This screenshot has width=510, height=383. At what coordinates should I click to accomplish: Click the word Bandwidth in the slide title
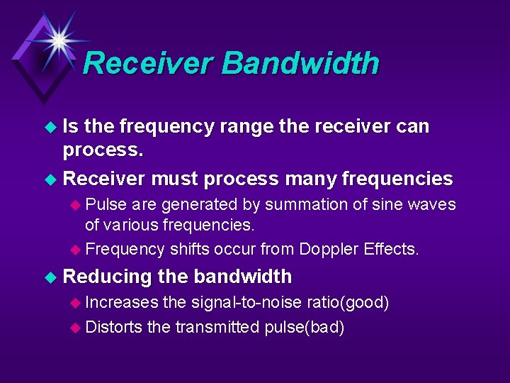[x=300, y=63]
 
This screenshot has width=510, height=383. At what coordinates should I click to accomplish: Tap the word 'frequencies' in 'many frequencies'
[x=400, y=179]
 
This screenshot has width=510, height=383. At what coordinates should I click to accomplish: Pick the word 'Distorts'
[x=113, y=327]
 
